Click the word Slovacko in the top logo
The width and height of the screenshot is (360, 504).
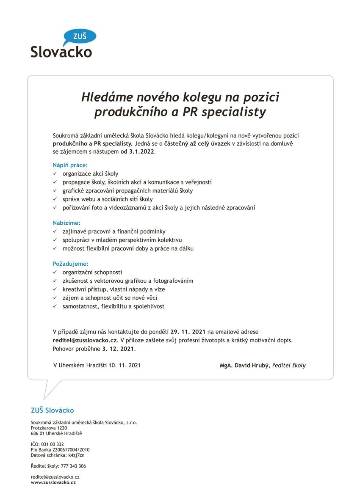pos(61,52)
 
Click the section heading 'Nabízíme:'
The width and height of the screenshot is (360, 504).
pos(66,223)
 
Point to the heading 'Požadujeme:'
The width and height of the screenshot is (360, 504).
pos(70,264)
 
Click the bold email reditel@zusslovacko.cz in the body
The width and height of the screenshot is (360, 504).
pos(85,340)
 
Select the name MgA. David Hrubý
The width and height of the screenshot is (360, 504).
pos(244,365)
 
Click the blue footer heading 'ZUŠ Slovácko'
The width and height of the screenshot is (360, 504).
pos(52,410)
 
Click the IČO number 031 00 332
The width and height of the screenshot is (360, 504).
pos(53,444)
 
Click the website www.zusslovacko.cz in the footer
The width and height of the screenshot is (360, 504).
pos(53,482)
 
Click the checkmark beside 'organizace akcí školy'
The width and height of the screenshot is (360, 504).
pos(54,174)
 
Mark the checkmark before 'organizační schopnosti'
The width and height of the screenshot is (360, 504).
pos(54,273)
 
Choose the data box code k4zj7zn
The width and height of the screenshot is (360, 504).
pos(76,455)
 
